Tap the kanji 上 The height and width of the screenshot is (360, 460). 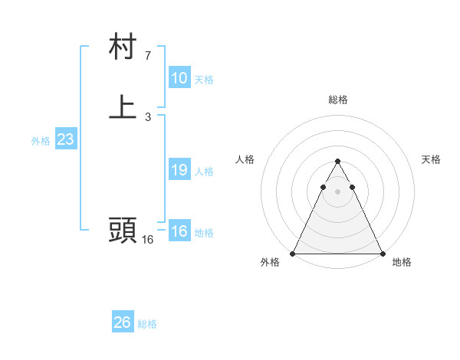[x=123, y=108]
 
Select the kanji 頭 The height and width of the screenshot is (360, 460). [x=123, y=231]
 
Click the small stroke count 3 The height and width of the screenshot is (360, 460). [x=147, y=117]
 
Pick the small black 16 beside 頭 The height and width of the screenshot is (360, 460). [x=147, y=240]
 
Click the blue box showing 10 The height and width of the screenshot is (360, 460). [x=179, y=78]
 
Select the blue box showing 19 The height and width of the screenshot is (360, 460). [x=179, y=170]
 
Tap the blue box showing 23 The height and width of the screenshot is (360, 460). [x=65, y=139]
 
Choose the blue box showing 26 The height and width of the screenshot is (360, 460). [x=123, y=322]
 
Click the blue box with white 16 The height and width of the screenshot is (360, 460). [x=179, y=231]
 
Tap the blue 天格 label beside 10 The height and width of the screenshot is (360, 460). [x=204, y=80]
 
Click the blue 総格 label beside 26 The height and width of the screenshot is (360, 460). [x=147, y=324]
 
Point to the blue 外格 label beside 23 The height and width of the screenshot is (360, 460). [x=41, y=141]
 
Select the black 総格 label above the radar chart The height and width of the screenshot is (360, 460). [x=338, y=100]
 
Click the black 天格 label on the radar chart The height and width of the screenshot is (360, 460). [x=431, y=159]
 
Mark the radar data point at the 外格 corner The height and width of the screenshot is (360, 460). [x=293, y=253]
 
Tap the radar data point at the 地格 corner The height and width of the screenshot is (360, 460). [x=383, y=253]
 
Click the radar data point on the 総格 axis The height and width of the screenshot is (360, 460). [x=338, y=162]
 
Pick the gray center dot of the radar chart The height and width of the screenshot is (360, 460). [x=338, y=191]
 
